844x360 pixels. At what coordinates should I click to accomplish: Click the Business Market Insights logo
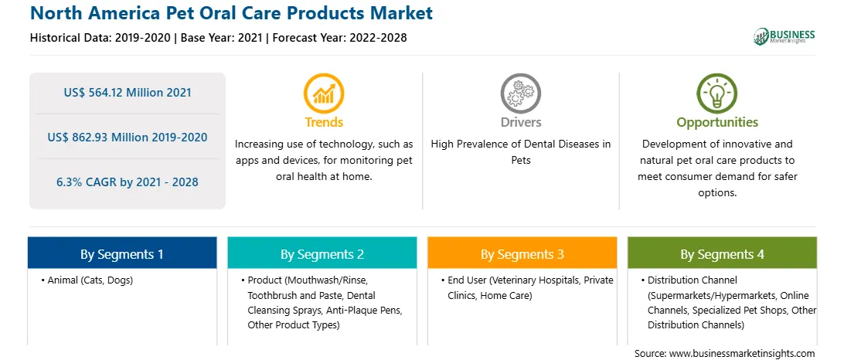(784, 36)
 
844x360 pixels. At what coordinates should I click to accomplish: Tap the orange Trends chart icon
(324, 93)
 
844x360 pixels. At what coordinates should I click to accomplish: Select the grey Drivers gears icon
(520, 93)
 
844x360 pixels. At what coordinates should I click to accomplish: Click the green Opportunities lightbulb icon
(717, 93)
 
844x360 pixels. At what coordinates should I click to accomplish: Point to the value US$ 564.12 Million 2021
(127, 92)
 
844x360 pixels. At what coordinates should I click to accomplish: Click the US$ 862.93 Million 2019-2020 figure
(127, 138)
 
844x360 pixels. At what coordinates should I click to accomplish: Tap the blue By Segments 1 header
(122, 253)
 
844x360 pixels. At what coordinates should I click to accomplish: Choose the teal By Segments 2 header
(322, 253)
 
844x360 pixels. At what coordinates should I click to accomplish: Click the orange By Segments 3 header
(522, 253)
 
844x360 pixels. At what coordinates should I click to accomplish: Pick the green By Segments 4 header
(723, 253)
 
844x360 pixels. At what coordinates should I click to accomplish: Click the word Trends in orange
(324, 122)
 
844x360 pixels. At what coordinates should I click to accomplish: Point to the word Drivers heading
(521, 122)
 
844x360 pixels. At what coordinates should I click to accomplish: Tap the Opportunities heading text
(717, 122)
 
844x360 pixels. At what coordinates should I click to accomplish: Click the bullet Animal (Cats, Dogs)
(87, 280)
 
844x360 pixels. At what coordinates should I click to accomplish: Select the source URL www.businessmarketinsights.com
(741, 353)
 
